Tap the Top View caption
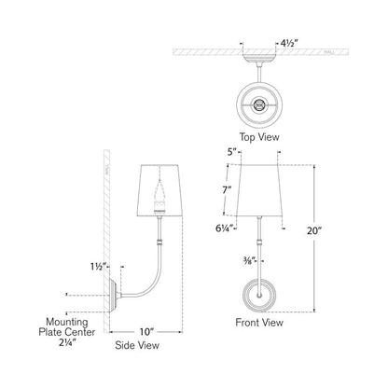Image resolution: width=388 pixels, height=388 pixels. pyautogui.click(x=258, y=136)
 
